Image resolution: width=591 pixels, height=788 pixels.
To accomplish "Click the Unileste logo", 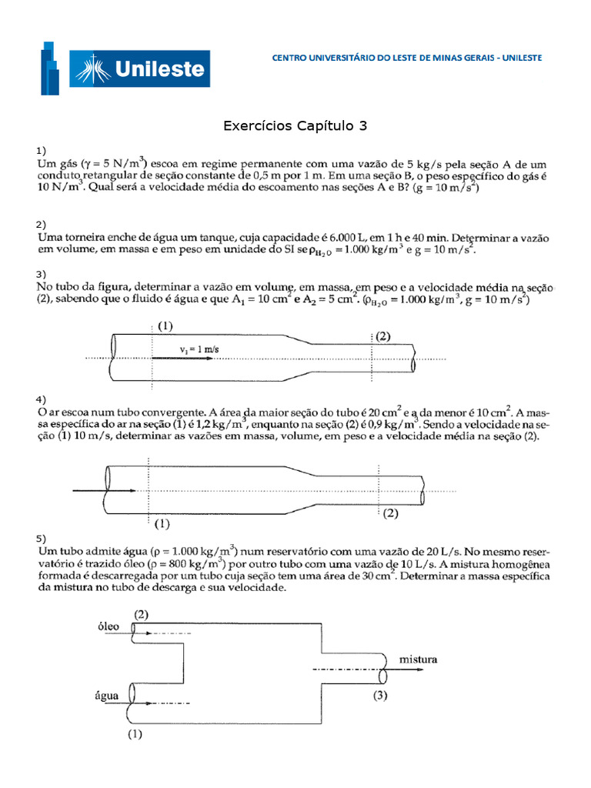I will pos(125,69).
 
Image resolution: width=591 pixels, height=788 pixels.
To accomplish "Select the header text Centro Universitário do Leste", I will pos(407,58).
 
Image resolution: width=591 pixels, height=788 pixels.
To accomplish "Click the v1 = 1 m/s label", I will pos(199,349).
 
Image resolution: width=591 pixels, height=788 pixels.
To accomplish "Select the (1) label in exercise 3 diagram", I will pos(165,326).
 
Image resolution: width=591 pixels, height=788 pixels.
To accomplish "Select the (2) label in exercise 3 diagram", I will pos(382,336).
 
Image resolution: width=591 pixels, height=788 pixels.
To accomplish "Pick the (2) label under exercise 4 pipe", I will pos(391,513).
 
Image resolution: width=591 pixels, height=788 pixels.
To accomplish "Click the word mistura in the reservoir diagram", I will pos(418,659).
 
